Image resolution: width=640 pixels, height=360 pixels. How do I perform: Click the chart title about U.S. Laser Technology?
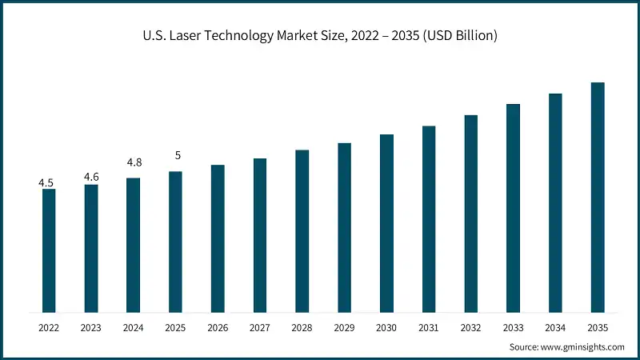[320, 35]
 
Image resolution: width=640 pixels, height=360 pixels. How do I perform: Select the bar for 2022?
[49, 250]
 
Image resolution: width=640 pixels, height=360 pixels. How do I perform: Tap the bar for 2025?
[175, 242]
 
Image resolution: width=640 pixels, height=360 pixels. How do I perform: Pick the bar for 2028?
[302, 230]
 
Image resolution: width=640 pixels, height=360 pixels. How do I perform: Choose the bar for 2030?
[386, 223]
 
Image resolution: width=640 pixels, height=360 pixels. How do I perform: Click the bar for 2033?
[513, 208]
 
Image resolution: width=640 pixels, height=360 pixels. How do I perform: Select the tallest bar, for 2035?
[598, 197]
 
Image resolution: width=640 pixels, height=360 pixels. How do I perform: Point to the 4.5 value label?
[46, 183]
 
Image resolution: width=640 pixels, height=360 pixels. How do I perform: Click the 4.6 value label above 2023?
[91, 178]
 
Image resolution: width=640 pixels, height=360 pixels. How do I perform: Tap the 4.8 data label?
[134, 162]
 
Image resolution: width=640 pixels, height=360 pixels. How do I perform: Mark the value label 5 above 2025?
[177, 155]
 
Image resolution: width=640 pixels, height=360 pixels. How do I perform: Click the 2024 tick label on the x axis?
[133, 327]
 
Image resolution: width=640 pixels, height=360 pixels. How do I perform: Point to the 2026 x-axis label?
[218, 327]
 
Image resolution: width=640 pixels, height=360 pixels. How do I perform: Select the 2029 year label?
[344, 327]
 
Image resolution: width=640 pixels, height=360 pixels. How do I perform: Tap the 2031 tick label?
[429, 327]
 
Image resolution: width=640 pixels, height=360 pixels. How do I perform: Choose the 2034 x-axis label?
[555, 327]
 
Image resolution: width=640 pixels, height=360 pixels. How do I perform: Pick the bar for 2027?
[260, 235]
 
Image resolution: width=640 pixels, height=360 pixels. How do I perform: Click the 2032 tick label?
[471, 327]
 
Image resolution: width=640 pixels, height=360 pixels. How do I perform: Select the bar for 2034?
[555, 202]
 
